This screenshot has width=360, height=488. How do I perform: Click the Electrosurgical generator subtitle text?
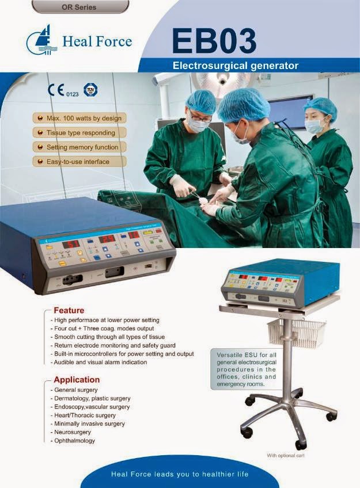236,66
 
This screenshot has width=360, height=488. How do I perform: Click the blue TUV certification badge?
90,90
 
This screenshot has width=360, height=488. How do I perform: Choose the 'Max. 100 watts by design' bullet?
81,119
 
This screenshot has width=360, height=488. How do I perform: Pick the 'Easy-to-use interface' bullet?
74,162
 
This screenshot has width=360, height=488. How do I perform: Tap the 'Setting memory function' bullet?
81,147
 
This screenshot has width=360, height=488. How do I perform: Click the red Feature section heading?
69,310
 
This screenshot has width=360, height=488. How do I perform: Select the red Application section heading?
76,380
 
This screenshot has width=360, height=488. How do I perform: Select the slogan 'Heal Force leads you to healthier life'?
180,474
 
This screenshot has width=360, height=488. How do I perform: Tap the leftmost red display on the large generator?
74,244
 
